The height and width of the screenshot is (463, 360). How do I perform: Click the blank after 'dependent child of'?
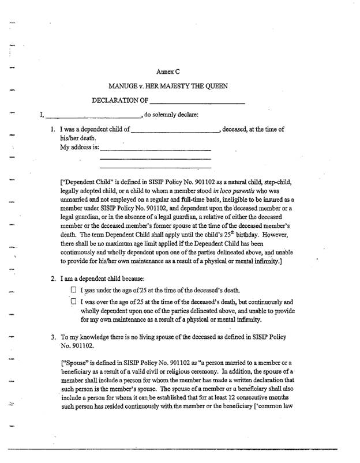pyautogui.click(x=175, y=130)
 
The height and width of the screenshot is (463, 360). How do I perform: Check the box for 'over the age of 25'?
pyautogui.click(x=73, y=302)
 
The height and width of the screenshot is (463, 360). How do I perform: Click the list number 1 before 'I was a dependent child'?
pyautogui.click(x=54, y=130)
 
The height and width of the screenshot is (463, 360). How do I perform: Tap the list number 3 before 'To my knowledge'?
pyautogui.click(x=54, y=335)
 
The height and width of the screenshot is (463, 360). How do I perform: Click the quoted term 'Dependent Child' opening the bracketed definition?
pyautogui.click(x=84, y=180)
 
